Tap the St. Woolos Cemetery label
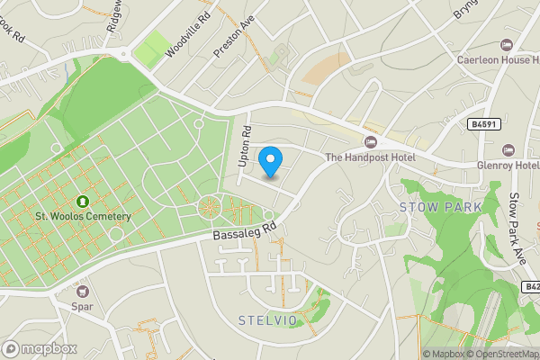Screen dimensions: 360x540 click(83, 216)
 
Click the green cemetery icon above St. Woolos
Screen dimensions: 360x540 click(83, 202)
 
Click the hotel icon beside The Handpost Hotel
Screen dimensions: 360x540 click(370, 142)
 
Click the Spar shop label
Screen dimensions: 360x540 click(84, 306)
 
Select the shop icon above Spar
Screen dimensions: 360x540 click(84, 291)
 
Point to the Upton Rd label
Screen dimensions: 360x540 click(243, 141)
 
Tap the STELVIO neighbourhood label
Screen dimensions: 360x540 click(267, 320)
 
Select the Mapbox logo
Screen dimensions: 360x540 click(40, 348)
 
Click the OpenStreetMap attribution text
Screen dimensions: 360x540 click(502, 354)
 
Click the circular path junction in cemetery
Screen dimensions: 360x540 click(211, 208)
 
